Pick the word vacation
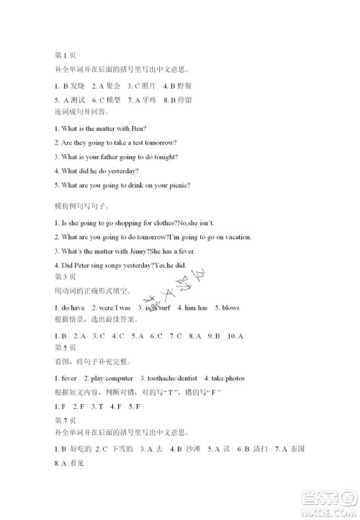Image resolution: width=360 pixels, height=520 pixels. coord(234,237)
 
